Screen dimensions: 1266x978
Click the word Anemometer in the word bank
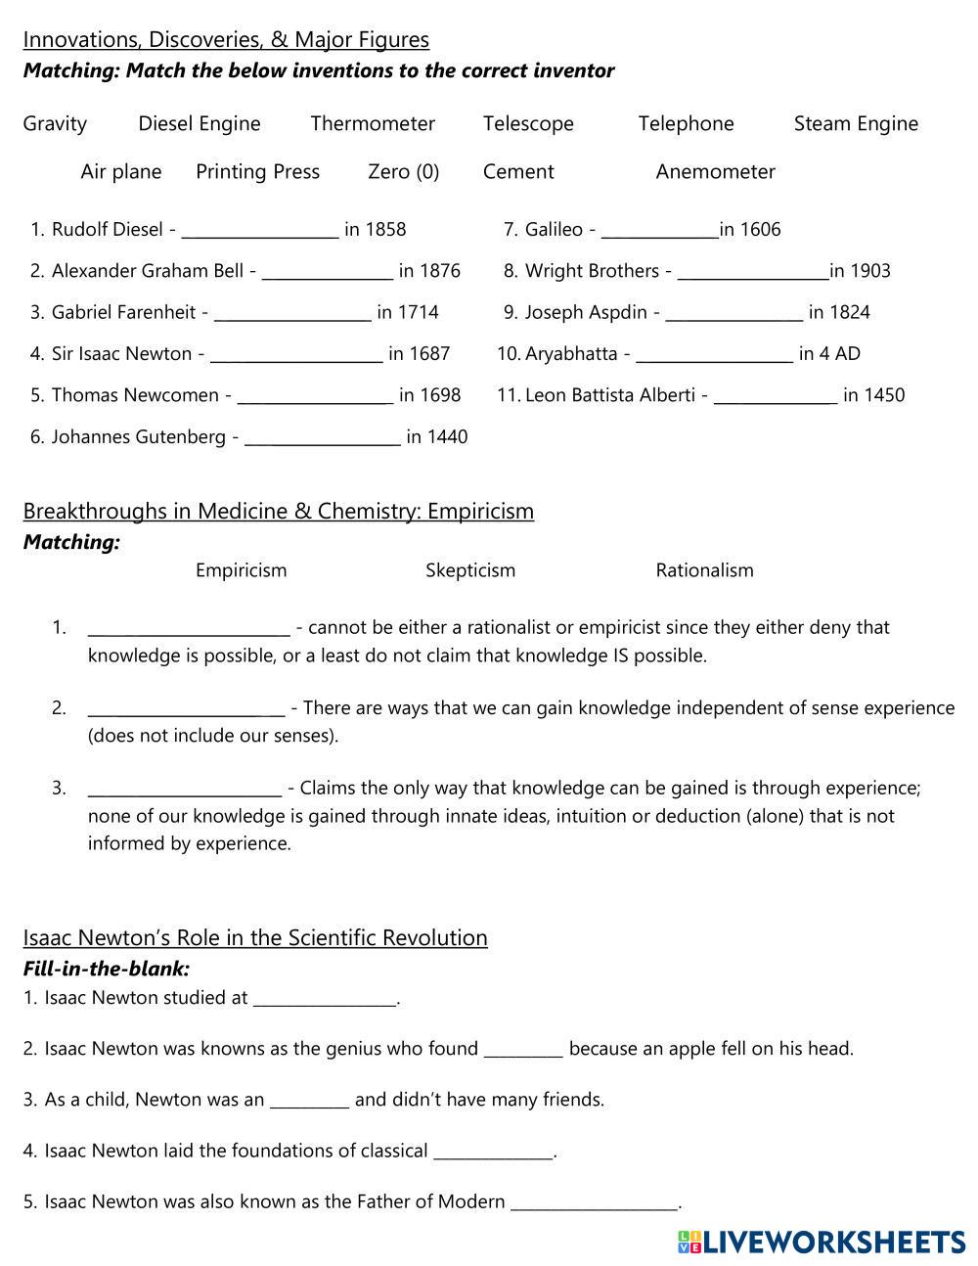[715, 172]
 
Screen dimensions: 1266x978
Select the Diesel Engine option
[200, 124]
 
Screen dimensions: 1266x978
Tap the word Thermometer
[373, 124]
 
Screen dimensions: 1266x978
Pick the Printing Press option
[257, 172]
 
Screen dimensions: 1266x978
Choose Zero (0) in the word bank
[403, 172]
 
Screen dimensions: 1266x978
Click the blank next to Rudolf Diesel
[260, 231]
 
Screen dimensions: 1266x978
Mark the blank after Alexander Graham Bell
[328, 272]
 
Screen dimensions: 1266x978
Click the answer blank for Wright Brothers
[753, 272]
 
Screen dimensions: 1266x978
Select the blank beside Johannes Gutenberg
[322, 438]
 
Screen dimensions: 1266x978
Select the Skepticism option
[470, 570]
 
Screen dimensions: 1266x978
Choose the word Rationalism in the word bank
[704, 570]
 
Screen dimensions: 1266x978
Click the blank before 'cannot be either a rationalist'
[189, 628]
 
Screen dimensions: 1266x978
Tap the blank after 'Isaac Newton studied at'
[325, 1000]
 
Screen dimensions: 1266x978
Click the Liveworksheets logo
[821, 1243]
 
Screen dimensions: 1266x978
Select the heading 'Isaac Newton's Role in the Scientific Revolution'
[255, 938]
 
